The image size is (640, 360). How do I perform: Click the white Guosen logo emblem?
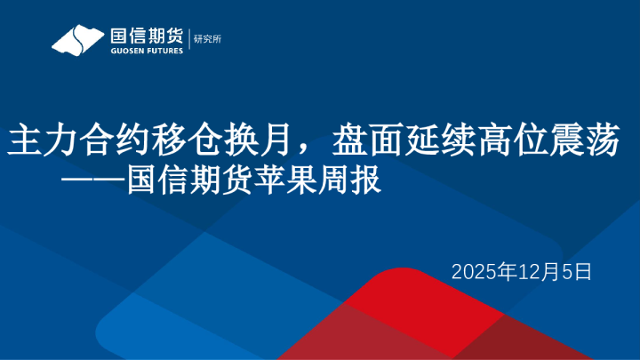(x=78, y=40)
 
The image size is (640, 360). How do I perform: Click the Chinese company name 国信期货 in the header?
(x=146, y=36)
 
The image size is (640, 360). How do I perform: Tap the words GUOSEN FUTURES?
(x=146, y=51)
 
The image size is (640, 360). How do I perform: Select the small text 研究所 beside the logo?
(x=207, y=38)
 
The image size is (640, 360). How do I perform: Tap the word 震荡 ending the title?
(x=578, y=141)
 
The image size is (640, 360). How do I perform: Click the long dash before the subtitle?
(x=92, y=181)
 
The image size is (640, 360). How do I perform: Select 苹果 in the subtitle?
(x=285, y=181)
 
